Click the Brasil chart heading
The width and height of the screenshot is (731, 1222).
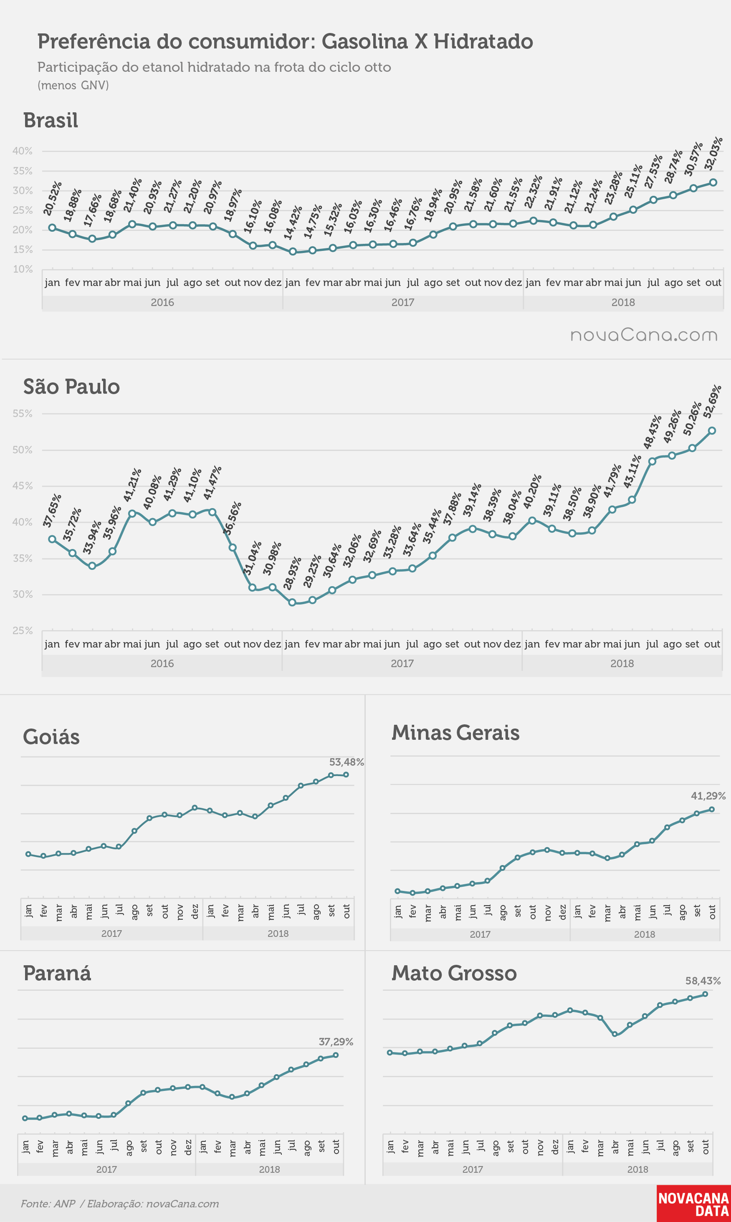(51, 121)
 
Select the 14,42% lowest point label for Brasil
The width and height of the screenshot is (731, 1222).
(293, 223)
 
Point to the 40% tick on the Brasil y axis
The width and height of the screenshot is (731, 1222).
(22, 151)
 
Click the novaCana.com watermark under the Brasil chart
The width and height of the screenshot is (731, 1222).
(644, 335)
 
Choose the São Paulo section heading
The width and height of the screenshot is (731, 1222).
(71, 387)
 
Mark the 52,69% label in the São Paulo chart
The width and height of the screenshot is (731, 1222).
(712, 402)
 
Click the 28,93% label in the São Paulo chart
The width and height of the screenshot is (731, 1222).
(292, 573)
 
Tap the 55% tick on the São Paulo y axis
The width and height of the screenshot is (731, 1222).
(22, 414)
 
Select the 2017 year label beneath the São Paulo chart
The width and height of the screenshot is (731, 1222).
(402, 663)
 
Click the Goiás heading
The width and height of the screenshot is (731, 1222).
(51, 737)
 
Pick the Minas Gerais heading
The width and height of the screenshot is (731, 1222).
(455, 732)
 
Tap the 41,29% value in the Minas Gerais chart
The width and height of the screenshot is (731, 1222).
(708, 796)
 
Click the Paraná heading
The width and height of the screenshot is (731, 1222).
(57, 974)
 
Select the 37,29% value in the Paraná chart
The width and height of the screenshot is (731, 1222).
(336, 1042)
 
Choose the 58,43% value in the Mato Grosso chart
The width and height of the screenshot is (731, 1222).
(703, 981)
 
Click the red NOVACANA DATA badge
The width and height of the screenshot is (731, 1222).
(693, 1204)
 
